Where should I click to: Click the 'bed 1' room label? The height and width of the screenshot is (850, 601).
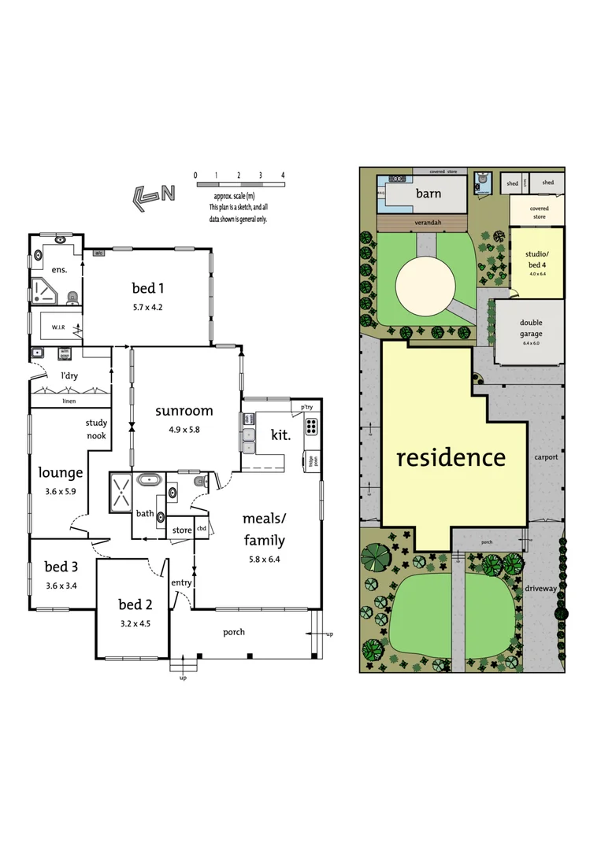click(149, 288)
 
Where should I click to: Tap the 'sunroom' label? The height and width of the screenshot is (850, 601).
click(184, 411)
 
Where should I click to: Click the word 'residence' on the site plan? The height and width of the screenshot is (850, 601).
click(451, 457)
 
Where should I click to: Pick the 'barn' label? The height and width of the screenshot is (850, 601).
click(428, 194)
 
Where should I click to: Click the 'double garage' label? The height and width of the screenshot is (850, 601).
click(530, 328)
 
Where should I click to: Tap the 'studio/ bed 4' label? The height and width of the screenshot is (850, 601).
click(536, 259)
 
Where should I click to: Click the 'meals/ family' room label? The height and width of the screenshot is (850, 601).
click(263, 529)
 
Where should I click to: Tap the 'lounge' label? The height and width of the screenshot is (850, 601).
click(61, 473)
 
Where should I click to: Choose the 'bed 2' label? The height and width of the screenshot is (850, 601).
click(135, 604)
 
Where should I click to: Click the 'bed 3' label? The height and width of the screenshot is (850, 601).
click(61, 567)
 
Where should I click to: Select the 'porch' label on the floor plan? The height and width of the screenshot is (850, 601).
click(234, 632)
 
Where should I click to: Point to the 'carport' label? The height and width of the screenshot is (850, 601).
click(545, 456)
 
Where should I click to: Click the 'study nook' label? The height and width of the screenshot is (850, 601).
click(96, 429)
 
